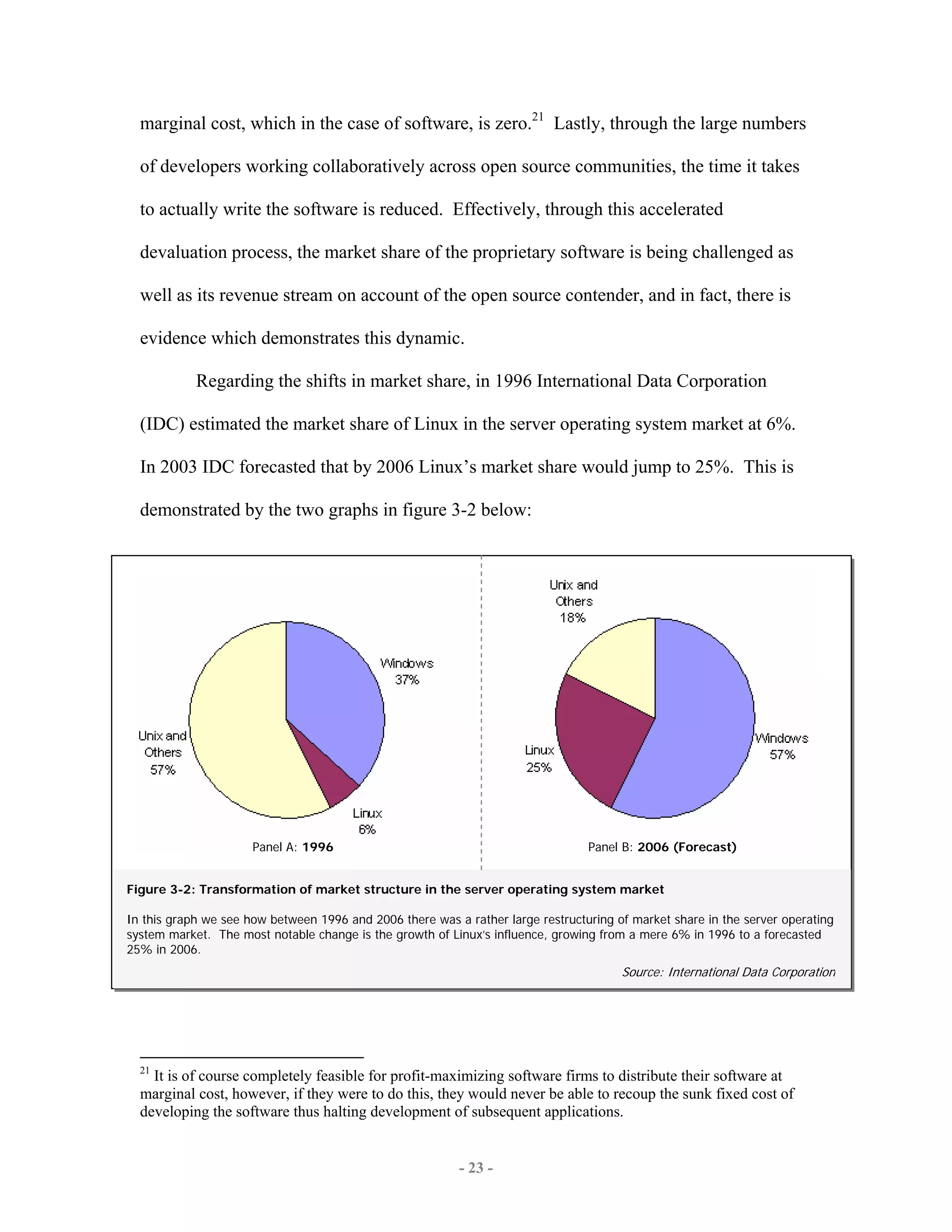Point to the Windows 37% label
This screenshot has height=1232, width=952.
pyautogui.click(x=407, y=671)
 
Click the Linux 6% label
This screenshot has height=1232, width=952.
pyautogui.click(x=367, y=821)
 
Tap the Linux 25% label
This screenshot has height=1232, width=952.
pyautogui.click(x=539, y=758)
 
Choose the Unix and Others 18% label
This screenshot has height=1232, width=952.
pyautogui.click(x=573, y=601)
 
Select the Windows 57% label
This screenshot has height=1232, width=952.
pyautogui.click(x=782, y=746)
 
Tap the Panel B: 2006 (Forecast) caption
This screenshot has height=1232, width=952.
pyautogui.click(x=662, y=847)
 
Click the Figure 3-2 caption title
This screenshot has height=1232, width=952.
pyautogui.click(x=395, y=889)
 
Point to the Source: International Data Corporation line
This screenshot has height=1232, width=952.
pyautogui.click(x=728, y=972)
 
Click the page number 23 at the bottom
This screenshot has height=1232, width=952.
pyautogui.click(x=476, y=1168)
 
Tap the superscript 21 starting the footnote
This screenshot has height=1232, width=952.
pyautogui.click(x=145, y=1070)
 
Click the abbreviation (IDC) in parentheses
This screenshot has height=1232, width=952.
pyautogui.click(x=162, y=424)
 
